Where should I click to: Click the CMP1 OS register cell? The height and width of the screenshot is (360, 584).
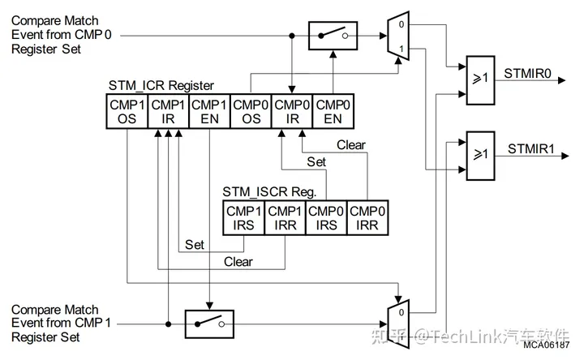[128, 111]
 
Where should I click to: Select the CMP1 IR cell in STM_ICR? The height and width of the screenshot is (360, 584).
[169, 111]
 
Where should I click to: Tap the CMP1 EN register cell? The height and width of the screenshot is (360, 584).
[209, 111]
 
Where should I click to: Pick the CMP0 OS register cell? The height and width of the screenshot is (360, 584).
[250, 111]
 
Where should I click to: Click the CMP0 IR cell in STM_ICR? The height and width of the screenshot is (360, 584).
[291, 111]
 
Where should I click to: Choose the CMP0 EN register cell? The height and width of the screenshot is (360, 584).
[333, 111]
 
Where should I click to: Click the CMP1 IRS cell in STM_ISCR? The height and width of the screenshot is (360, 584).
[244, 217]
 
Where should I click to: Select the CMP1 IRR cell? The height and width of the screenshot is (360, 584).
[286, 217]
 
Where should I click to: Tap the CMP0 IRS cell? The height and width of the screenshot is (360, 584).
[327, 217]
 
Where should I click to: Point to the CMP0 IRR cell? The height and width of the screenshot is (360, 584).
[368, 217]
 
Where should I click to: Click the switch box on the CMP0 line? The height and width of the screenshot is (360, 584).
[333, 36]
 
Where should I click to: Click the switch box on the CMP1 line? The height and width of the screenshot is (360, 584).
[209, 324]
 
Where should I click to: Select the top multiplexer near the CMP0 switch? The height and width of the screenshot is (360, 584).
[398, 36]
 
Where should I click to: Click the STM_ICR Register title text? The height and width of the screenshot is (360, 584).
[161, 86]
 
